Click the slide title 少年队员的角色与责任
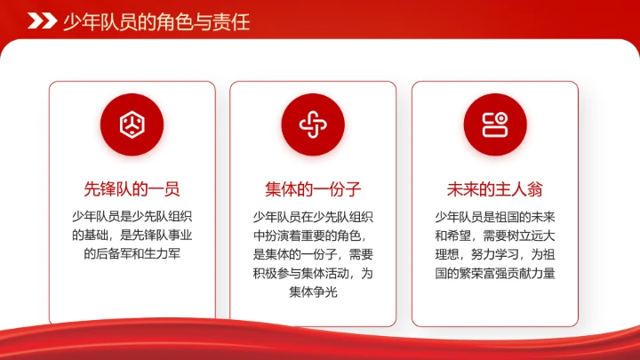click(x=156, y=21)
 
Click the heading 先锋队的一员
click(x=132, y=188)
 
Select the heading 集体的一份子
click(x=313, y=188)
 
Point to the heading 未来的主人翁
click(x=494, y=188)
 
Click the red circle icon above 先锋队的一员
click(x=132, y=124)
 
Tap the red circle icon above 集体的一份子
click(x=313, y=124)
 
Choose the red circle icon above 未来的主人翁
click(x=494, y=124)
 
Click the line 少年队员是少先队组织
click(x=132, y=216)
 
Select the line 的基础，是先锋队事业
click(x=132, y=235)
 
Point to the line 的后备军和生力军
click(x=132, y=253)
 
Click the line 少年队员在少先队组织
click(x=313, y=216)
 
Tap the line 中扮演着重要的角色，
click(x=313, y=235)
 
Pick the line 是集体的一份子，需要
click(x=313, y=253)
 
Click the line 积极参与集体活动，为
click(x=313, y=273)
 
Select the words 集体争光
click(x=313, y=292)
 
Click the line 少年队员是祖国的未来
click(x=494, y=216)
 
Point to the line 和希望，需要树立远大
click(x=494, y=235)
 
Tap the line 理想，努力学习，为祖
click(x=494, y=253)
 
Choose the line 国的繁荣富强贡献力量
click(x=494, y=273)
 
